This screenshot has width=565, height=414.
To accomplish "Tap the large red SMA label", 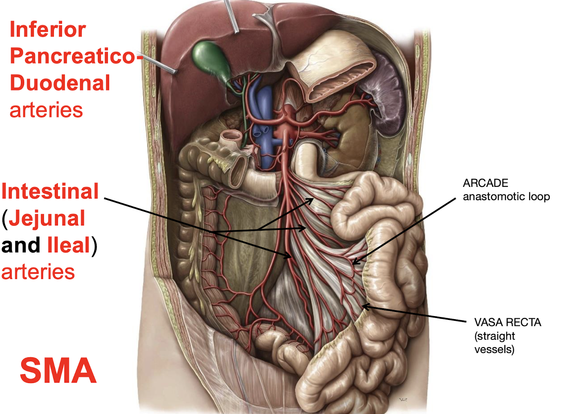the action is (x=58, y=371).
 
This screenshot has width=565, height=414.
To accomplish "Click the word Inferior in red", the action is (x=47, y=29).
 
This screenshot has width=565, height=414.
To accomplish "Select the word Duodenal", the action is (x=60, y=83).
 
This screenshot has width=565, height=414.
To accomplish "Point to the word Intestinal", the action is (x=50, y=191).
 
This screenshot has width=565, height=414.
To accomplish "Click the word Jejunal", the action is (x=47, y=218).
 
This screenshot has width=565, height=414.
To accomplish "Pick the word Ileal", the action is (x=68, y=245).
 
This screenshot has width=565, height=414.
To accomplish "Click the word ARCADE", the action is (x=485, y=183).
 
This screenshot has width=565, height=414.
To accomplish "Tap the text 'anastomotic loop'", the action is (x=506, y=197).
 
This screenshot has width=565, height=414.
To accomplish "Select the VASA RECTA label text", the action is (x=507, y=322).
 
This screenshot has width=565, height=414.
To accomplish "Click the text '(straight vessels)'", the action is (x=495, y=342).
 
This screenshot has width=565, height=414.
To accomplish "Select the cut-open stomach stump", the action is (x=334, y=68).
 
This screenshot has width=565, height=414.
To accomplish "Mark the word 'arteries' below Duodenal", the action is (x=46, y=110).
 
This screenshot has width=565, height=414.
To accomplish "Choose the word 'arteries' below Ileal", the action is (x=38, y=272).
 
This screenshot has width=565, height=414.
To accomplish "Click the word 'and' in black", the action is (x=21, y=245).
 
